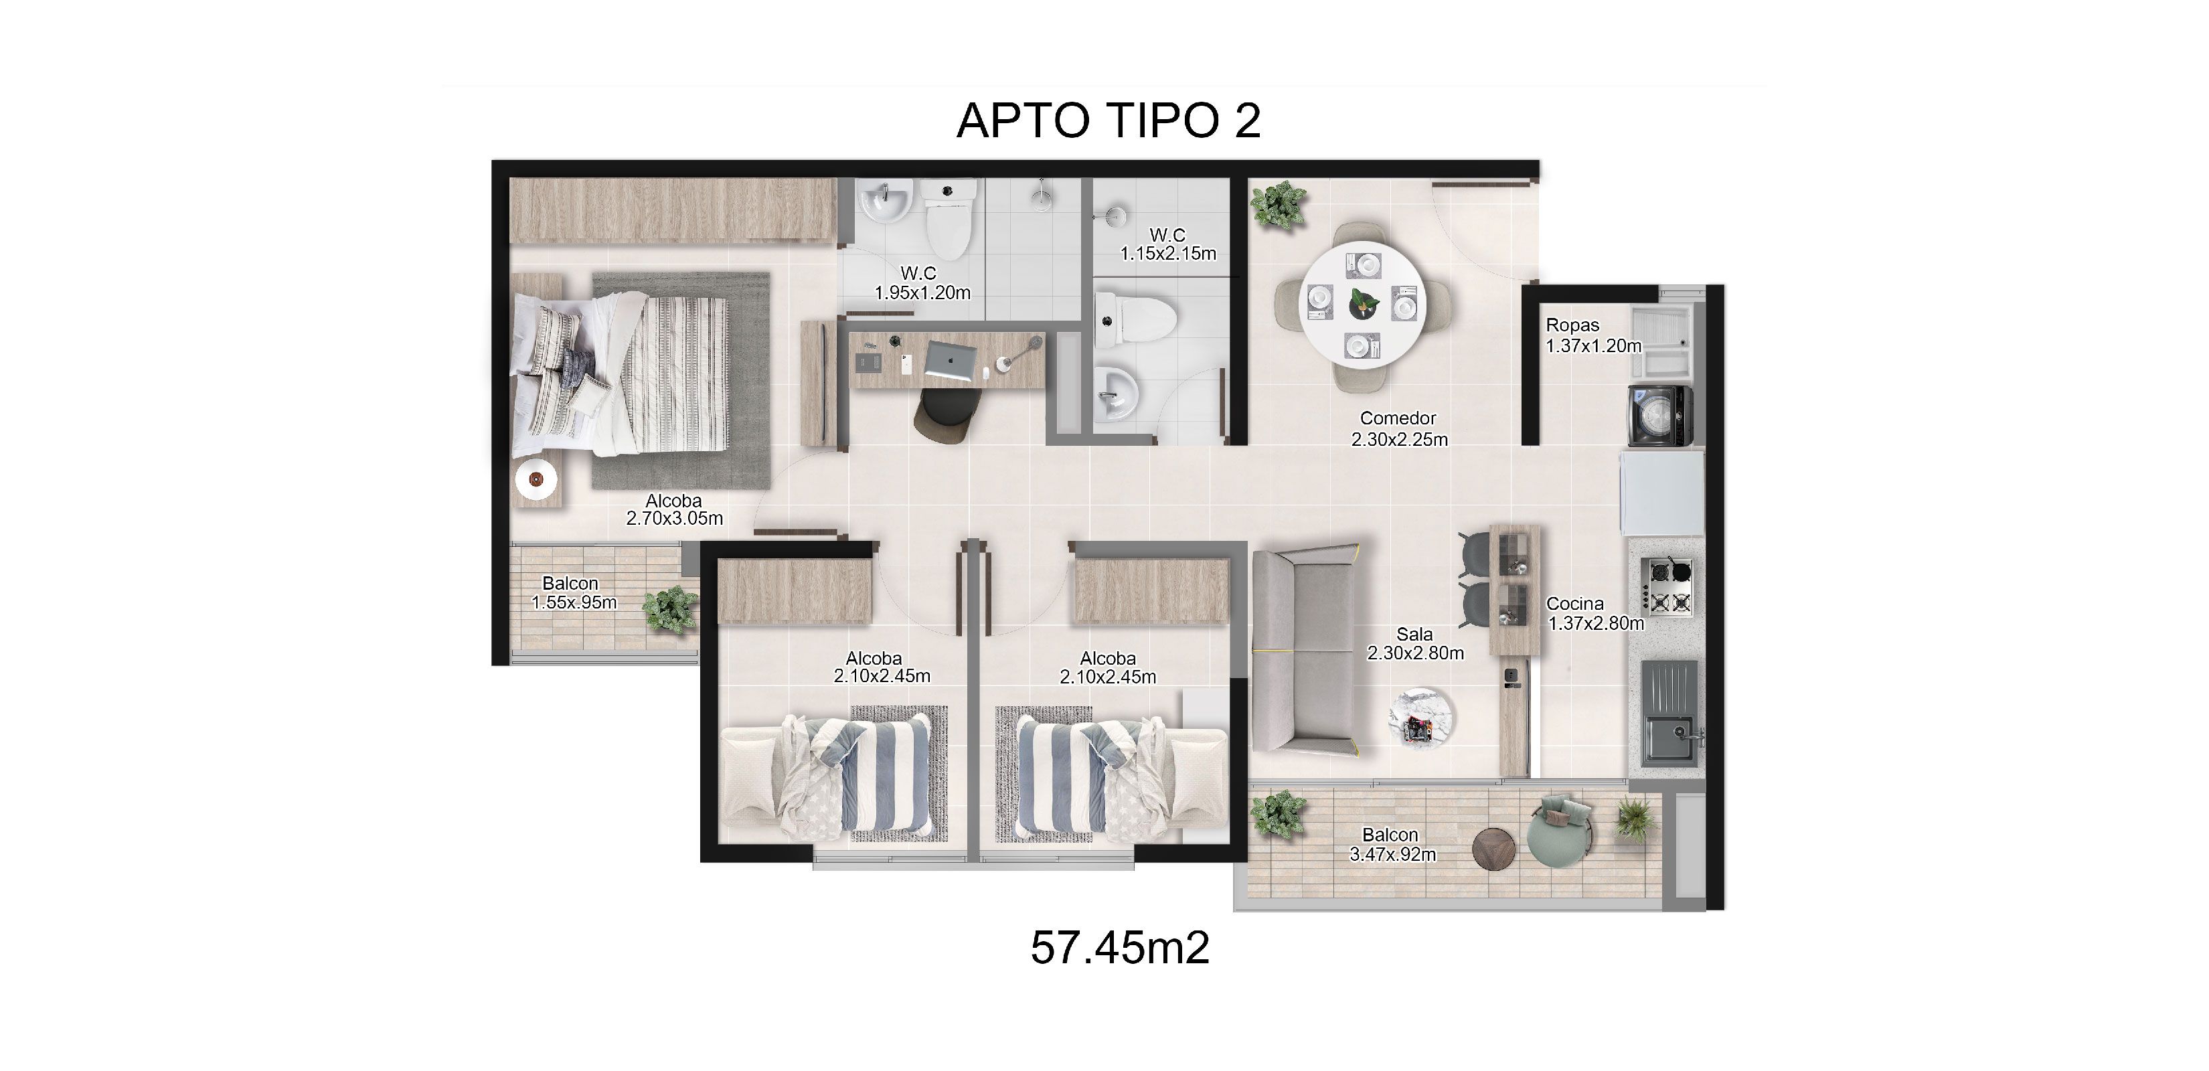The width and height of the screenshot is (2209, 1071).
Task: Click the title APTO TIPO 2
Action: click(x=1108, y=121)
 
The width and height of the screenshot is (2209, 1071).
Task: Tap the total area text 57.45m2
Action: click(x=1119, y=948)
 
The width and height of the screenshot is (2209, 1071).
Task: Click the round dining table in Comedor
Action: click(x=1363, y=305)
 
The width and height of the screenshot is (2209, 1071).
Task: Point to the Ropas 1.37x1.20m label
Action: click(x=1592, y=335)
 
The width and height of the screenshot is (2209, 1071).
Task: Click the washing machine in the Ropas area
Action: click(x=1660, y=416)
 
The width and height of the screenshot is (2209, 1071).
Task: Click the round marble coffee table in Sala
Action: click(x=1420, y=718)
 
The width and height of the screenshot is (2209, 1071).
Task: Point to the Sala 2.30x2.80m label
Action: click(x=1415, y=643)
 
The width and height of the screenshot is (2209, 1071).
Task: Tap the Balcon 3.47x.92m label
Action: click(x=1392, y=844)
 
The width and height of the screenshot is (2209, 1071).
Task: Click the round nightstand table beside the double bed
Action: click(x=536, y=480)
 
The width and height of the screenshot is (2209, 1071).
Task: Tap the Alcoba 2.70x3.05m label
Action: click(x=674, y=509)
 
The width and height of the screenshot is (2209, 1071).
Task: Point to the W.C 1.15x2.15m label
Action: click(x=1168, y=244)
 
